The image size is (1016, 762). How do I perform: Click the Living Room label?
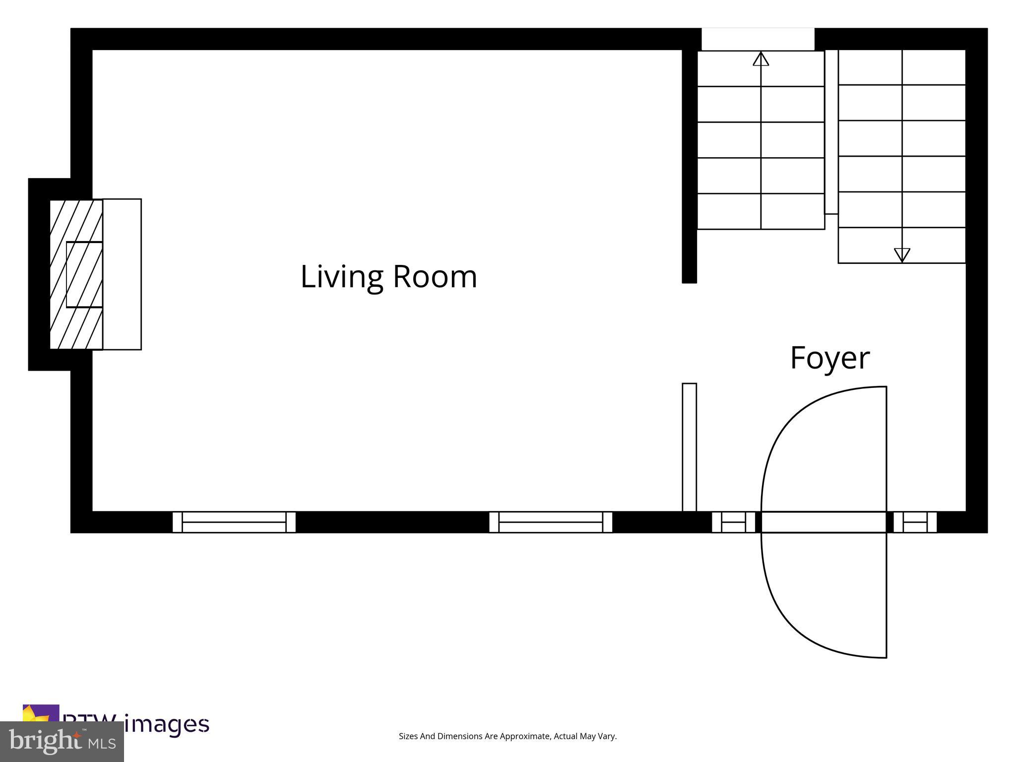pyautogui.click(x=388, y=276)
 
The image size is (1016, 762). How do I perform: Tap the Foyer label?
pyautogui.click(x=829, y=358)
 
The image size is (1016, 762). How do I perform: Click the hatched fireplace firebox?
pyautogui.click(x=76, y=274)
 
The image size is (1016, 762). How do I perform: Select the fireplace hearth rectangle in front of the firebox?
pyautogui.click(x=122, y=274)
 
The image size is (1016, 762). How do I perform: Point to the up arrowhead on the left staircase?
pyautogui.click(x=761, y=59)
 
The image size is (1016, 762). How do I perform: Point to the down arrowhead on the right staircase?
pyautogui.click(x=901, y=254)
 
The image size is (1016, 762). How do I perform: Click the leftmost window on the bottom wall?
pyautogui.click(x=234, y=522)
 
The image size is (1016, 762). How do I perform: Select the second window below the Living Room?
pyautogui.click(x=551, y=522)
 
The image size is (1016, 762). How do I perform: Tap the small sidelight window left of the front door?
pyautogui.click(x=733, y=522)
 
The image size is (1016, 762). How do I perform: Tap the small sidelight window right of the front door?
pyautogui.click(x=915, y=522)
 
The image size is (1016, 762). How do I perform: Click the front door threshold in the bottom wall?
pyautogui.click(x=824, y=522)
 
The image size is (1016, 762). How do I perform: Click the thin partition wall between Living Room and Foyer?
pyautogui.click(x=689, y=446)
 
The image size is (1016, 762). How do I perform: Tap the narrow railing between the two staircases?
pyautogui.click(x=831, y=131)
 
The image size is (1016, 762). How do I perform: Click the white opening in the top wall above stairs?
pyautogui.click(x=758, y=39)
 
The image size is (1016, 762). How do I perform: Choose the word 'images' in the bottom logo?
pyautogui.click(x=167, y=724)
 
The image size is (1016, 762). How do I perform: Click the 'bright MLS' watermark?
pyautogui.click(x=62, y=742)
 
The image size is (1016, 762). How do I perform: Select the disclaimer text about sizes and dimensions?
pyautogui.click(x=508, y=736)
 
